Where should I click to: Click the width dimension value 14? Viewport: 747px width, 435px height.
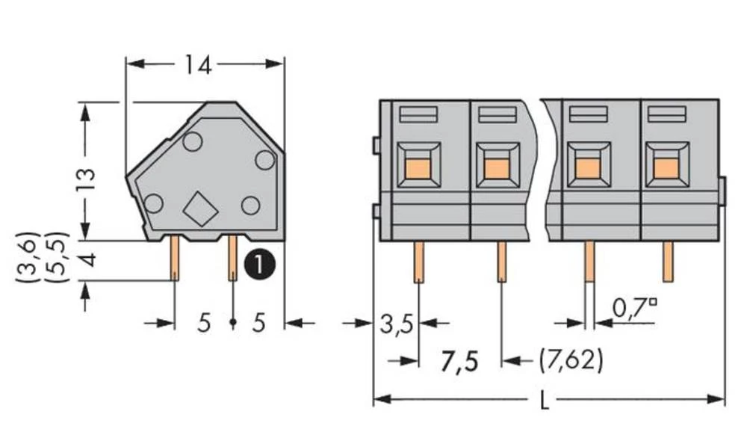coord(199,66)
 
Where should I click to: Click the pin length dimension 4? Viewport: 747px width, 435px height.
coord(87,261)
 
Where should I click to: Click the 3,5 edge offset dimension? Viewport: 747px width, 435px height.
coord(396,324)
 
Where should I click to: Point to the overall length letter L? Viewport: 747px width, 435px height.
coord(547,401)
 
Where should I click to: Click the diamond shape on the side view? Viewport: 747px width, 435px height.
coord(199,208)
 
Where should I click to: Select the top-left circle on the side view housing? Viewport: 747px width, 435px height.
coord(192,141)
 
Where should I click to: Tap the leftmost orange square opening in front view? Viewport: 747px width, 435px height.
coord(419,167)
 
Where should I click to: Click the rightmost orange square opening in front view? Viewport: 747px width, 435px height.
coord(666,167)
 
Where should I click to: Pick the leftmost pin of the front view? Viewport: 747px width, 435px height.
coord(419,262)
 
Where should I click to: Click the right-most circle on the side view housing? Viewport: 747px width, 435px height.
coord(264,159)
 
